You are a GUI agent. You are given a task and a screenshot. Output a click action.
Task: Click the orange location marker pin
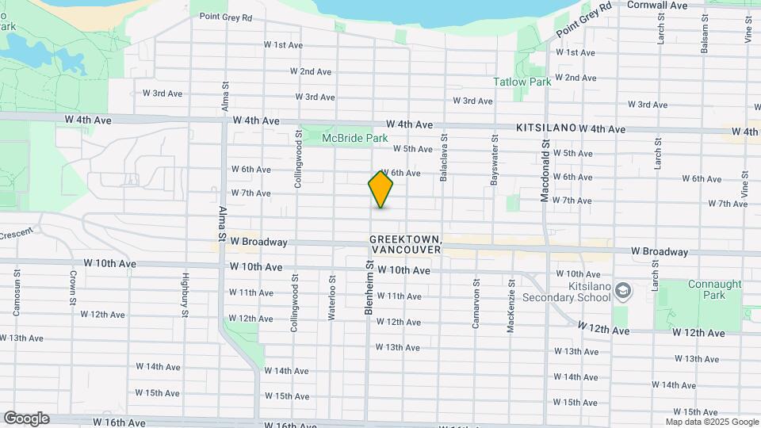point(380,189)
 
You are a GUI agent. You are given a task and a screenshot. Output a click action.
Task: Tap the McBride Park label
point(354,138)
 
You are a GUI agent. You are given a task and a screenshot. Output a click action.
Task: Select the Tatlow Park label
point(522,82)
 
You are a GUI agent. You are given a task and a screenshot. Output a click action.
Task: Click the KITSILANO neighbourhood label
point(545,127)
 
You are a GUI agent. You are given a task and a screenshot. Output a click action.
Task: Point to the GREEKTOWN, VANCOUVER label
point(405,243)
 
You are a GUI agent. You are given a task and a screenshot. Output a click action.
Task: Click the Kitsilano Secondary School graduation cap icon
point(623,290)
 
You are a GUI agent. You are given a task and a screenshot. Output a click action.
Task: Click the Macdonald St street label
point(545,171)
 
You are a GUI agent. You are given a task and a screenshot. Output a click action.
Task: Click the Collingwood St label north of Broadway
point(299,159)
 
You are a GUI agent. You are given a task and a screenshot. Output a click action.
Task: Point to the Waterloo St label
point(331,297)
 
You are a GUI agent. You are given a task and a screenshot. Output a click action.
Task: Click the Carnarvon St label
point(476,304)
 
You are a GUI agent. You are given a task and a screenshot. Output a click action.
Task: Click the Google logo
point(26,418)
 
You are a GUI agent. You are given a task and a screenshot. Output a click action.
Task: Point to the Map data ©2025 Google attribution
point(712,422)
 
